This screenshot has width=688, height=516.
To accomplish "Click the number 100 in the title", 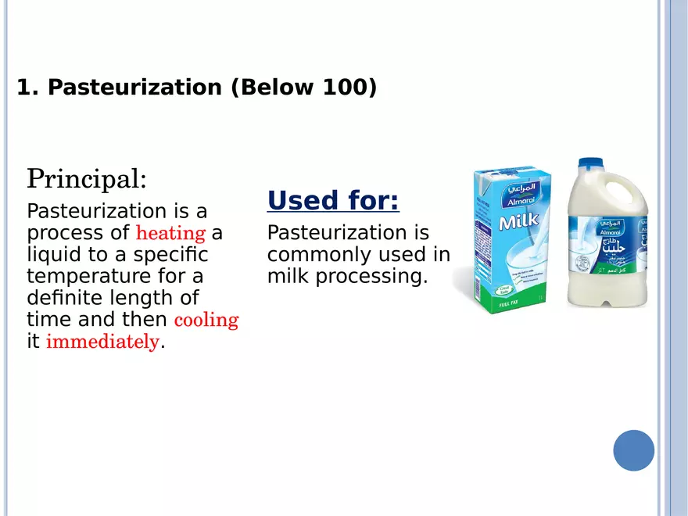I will point(344,88).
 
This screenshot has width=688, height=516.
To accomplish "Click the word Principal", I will point(86,179).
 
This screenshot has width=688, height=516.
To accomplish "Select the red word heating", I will point(170,233).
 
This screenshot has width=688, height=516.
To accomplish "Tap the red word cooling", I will point(206,320).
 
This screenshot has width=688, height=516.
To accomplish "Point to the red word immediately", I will point(102,342).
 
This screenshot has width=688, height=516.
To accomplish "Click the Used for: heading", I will point(333,201).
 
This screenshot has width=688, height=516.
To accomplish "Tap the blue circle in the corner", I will point(633,450).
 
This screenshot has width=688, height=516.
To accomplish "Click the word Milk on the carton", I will point(519,222).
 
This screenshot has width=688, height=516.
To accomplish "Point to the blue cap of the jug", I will point(590,167).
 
